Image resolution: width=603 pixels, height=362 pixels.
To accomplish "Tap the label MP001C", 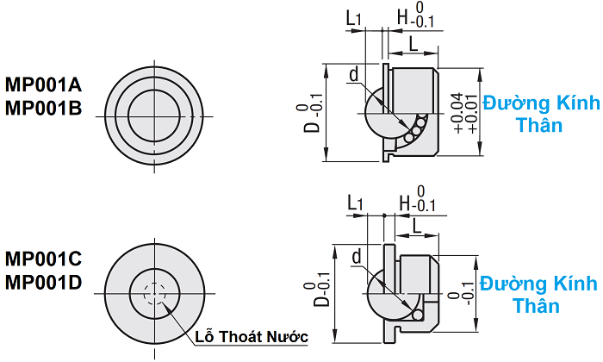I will tap(44, 259).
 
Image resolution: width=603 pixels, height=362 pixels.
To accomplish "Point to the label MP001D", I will tap(44, 281).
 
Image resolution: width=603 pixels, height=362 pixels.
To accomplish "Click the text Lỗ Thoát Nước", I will tap(252, 335).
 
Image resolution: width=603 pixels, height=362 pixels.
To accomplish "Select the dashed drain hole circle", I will tap(156, 294).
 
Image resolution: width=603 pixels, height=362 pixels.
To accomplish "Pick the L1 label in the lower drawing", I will tap(355, 202).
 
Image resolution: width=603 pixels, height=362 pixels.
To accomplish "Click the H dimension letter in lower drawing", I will tap(406, 202).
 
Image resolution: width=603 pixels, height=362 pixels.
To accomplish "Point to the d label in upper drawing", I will tap(353, 75).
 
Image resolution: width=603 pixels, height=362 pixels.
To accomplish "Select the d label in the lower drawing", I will tap(357, 256).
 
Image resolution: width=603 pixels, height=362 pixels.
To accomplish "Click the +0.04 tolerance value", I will tap(457, 111).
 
